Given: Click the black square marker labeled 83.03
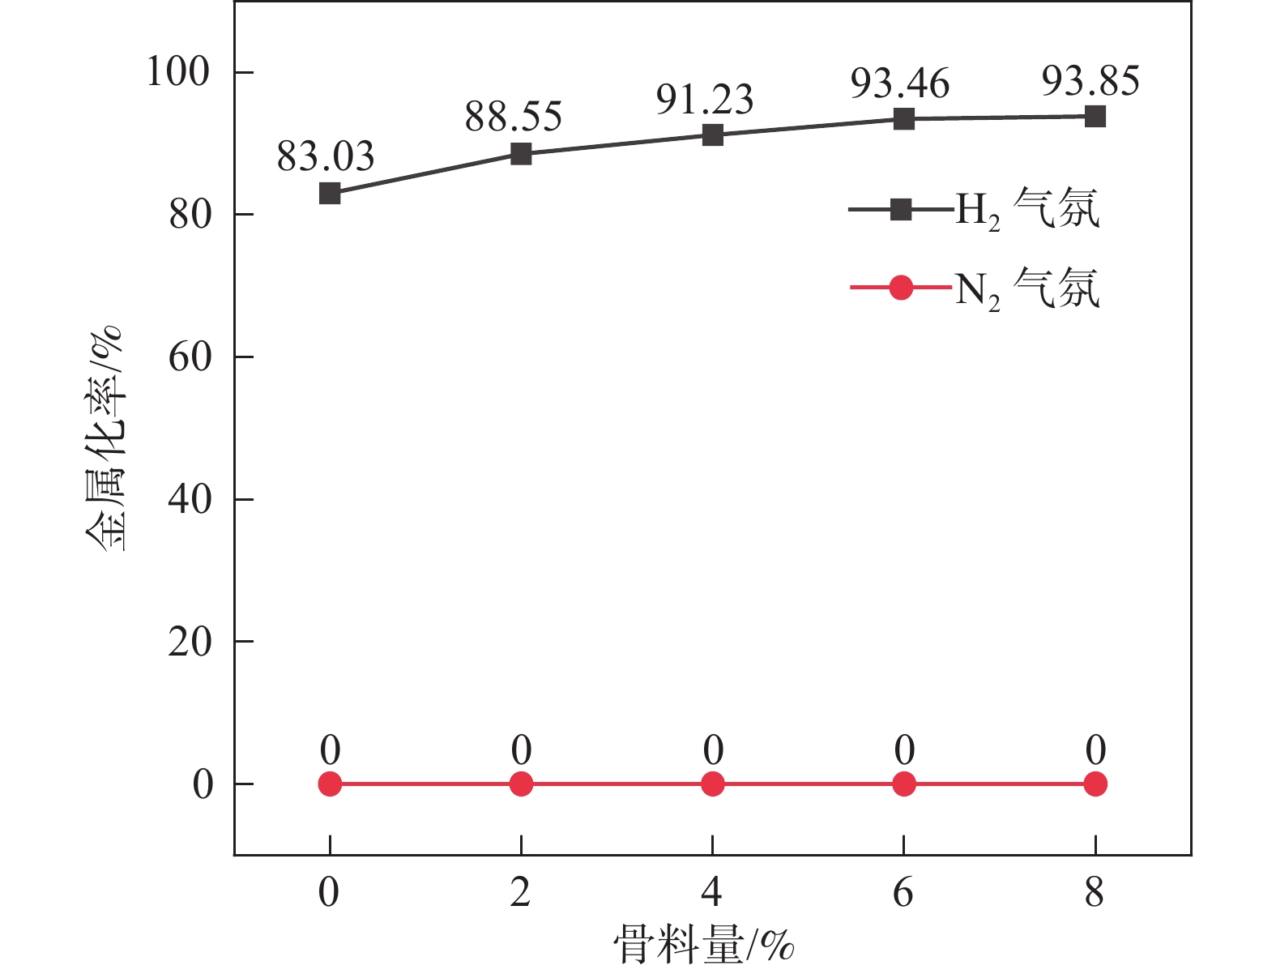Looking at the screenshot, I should (330, 194).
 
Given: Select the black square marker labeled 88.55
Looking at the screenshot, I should (521, 154).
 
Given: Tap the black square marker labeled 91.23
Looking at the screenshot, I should (712, 135).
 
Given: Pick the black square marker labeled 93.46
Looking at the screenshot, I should (903, 119).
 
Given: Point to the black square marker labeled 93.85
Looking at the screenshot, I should (1095, 117).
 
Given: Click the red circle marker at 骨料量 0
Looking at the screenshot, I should (330, 784).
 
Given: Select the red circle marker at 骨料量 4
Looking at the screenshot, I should (712, 784).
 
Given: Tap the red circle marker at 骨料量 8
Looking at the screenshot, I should (1095, 784).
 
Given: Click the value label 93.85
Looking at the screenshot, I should (1090, 81).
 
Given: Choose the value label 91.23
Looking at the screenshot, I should (705, 100).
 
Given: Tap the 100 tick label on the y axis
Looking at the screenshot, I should (178, 72).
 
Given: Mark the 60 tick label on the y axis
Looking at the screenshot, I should (190, 357).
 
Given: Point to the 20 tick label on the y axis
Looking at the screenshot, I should (190, 642).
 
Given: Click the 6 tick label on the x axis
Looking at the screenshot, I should (903, 893).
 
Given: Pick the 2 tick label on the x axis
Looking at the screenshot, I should (521, 893).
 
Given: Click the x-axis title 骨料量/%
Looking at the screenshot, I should (703, 945).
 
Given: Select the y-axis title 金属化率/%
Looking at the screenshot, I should (105, 438).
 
